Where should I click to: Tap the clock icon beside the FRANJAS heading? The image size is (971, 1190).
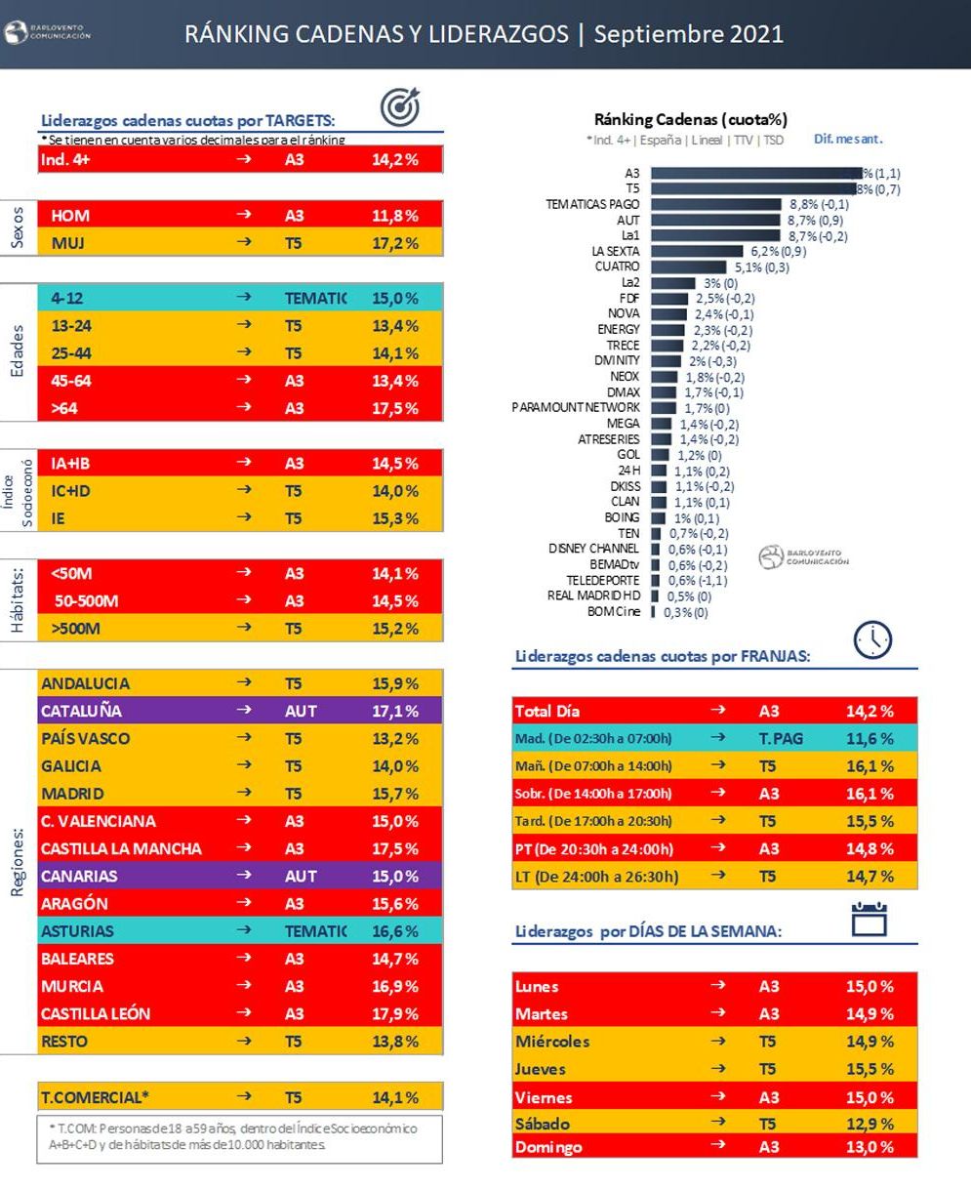[872, 639]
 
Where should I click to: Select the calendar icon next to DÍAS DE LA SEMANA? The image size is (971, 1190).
[869, 920]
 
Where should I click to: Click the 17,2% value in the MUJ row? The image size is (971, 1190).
[394, 243]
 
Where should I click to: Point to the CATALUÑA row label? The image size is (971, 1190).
[81, 711]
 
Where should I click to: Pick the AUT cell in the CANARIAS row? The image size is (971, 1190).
[301, 876]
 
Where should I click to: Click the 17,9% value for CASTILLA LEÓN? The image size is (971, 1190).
[394, 1013]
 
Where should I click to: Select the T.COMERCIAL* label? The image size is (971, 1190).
[95, 1097]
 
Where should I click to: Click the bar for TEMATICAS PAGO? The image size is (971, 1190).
[716, 204]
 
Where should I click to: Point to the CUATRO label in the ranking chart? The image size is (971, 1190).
[617, 267]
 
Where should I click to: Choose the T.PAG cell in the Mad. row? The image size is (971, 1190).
[781, 738]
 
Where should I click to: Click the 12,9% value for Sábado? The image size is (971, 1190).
[869, 1124]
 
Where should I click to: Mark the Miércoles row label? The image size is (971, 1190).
[552, 1042]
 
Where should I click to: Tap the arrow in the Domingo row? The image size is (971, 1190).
[718, 1146]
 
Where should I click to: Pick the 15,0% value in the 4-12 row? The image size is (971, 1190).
[394, 298]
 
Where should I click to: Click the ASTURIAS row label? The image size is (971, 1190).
[77, 931]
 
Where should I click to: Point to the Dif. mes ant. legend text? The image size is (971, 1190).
[848, 140]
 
